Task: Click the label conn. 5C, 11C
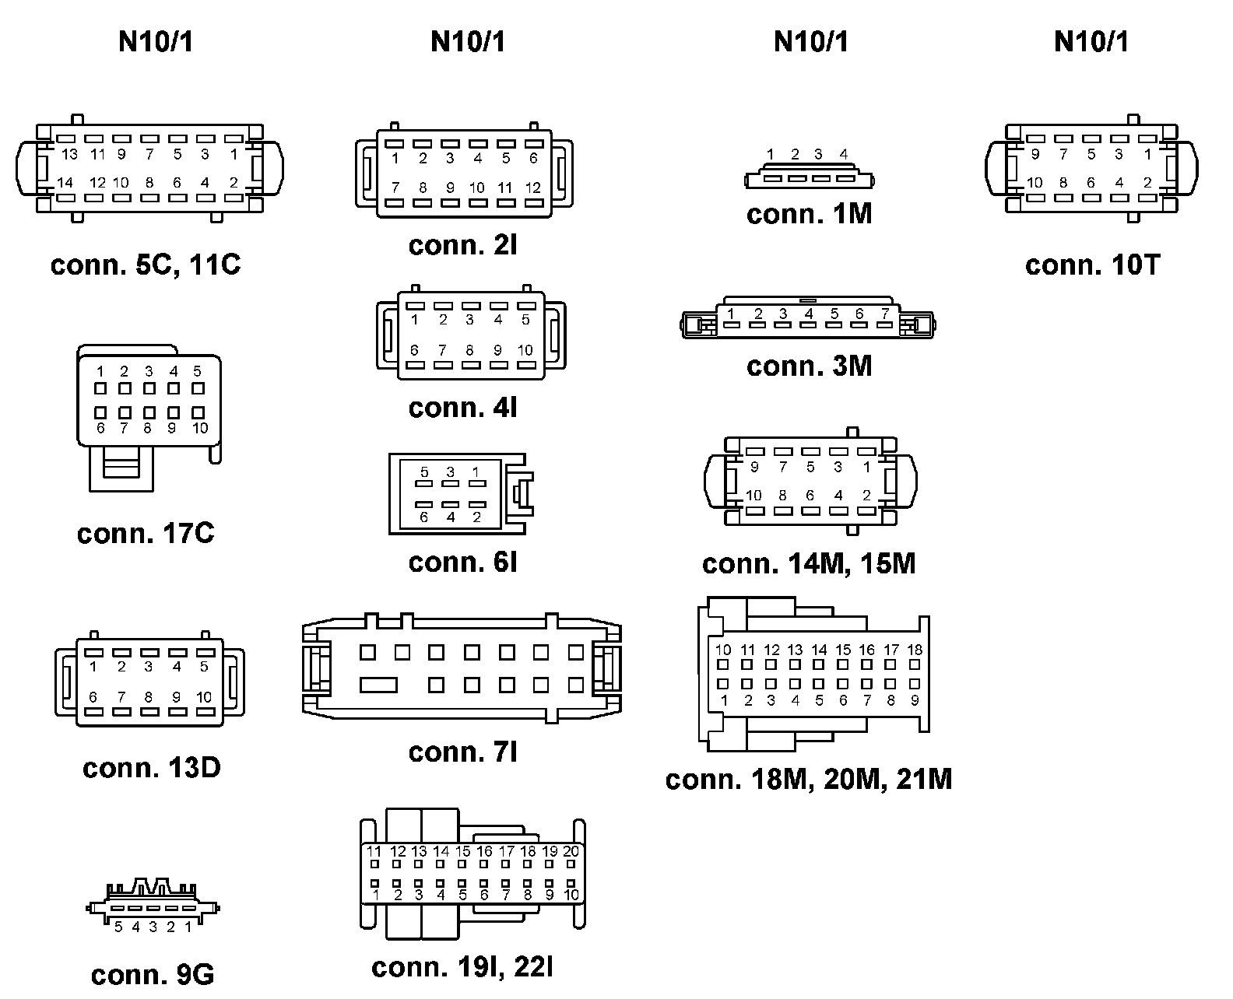[146, 265]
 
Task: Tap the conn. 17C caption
[146, 534]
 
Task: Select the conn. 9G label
[152, 975]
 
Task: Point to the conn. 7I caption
[462, 752]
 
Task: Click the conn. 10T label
[1092, 265]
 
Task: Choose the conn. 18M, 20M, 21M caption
[808, 780]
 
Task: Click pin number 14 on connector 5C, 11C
[65, 183]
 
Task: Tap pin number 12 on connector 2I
[532, 188]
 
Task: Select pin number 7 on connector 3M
[884, 314]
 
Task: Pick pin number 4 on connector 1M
[843, 154]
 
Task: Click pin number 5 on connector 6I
[424, 472]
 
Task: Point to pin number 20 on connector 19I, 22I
[571, 852]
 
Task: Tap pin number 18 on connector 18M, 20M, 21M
[915, 650]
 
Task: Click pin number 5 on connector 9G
[118, 927]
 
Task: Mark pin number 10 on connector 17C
[200, 428]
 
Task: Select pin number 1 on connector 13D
[93, 667]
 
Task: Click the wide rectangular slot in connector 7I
[379, 685]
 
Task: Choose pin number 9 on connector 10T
[1035, 155]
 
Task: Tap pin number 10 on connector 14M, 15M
[753, 496]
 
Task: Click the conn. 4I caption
[462, 408]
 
